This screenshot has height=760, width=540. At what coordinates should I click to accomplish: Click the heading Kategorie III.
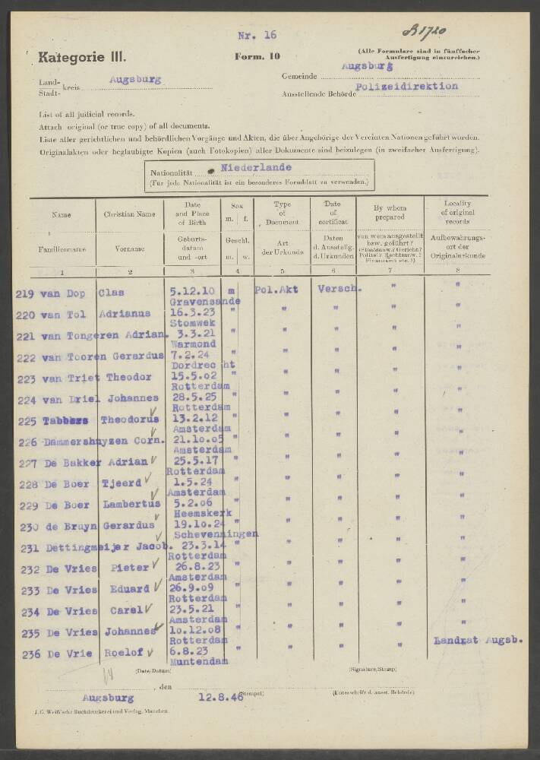click(83, 57)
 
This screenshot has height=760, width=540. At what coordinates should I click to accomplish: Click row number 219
click(26, 293)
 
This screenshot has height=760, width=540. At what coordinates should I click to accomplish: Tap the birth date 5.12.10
click(188, 290)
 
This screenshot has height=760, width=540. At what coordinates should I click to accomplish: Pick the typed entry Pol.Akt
click(277, 290)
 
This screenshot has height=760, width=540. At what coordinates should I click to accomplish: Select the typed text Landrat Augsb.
click(478, 640)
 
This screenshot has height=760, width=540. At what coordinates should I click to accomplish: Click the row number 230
click(26, 527)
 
